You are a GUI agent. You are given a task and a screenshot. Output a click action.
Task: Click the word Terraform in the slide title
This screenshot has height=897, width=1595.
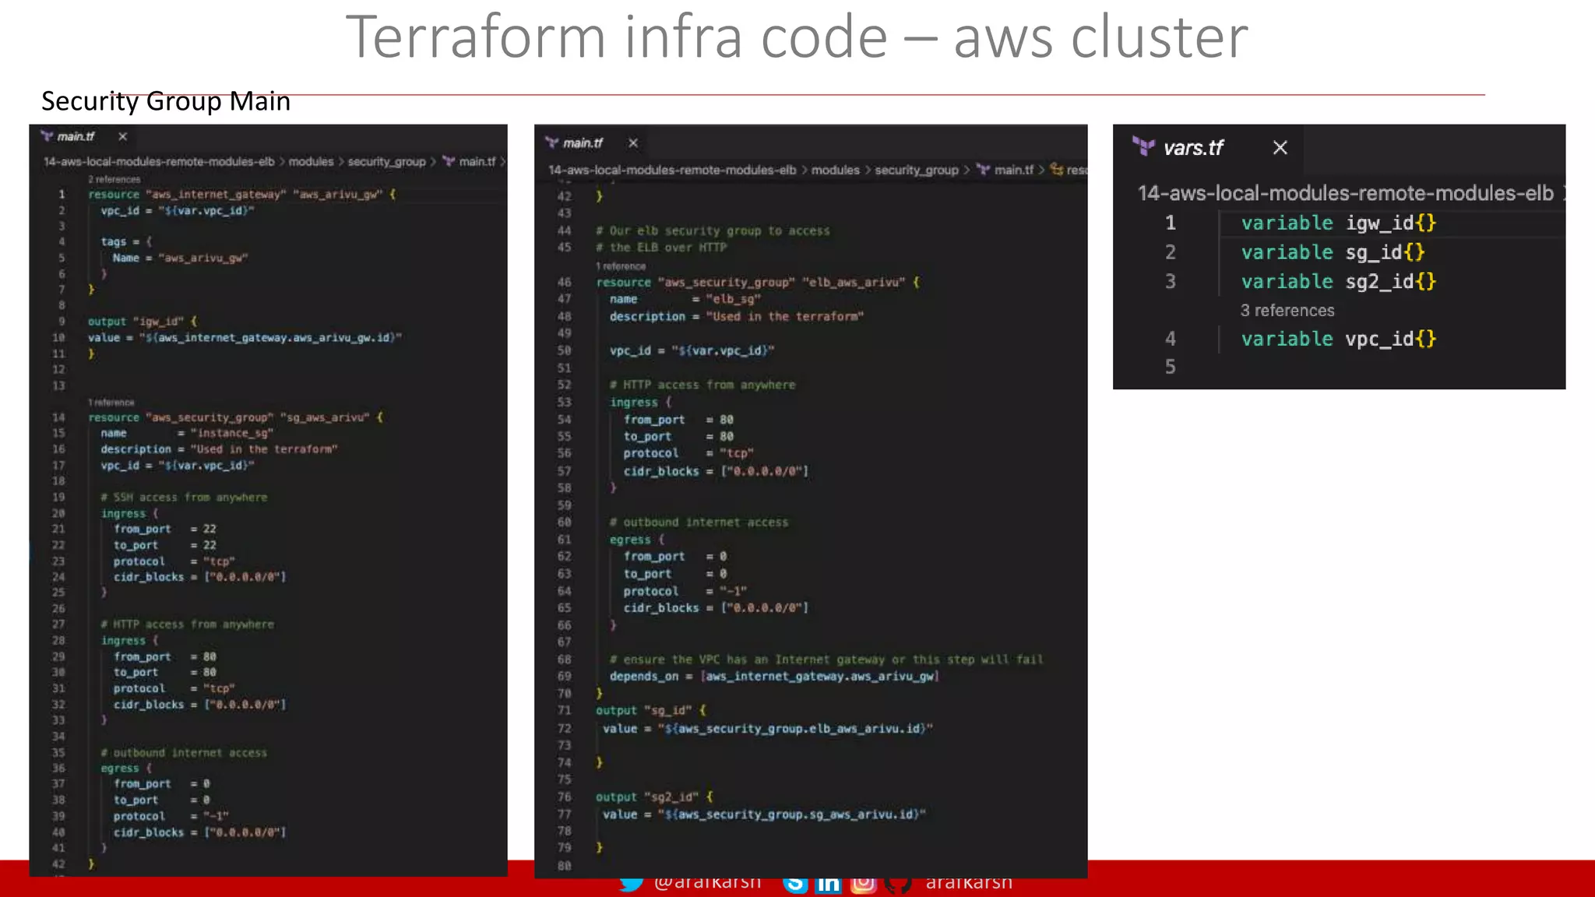pos(475,37)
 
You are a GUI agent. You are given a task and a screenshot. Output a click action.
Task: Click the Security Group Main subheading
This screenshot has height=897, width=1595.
pos(166,101)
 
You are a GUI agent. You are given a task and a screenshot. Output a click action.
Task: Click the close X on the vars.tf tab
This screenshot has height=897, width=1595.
pos(1280,148)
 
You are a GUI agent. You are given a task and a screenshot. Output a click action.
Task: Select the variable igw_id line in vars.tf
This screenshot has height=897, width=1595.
pos(1338,223)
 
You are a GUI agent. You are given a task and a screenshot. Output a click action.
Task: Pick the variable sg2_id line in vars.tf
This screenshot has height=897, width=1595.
pos(1338,282)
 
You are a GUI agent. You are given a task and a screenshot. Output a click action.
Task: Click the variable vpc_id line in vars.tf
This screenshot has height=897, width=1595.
pos(1338,339)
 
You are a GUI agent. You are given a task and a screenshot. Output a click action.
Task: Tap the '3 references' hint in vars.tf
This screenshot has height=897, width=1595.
pos(1287,311)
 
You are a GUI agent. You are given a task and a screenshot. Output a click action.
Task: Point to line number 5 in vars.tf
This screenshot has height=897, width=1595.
pos(1170,367)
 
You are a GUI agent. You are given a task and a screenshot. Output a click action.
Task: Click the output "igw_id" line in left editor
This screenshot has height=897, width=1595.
pos(143,322)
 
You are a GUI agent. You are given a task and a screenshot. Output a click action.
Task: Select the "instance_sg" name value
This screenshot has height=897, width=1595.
pos(231,433)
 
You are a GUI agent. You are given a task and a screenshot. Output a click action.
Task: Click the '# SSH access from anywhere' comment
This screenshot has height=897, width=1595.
pos(184,498)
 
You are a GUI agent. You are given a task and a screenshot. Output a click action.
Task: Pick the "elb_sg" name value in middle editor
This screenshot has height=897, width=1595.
pos(733,299)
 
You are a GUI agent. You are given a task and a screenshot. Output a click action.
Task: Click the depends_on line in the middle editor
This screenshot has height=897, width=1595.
pos(773,677)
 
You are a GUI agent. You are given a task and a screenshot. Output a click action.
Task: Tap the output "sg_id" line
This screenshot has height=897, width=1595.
pos(650,710)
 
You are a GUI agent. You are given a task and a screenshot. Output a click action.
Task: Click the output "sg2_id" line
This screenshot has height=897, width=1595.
pos(653,797)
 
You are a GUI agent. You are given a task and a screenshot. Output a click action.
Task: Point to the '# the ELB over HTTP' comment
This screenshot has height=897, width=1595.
pos(661,248)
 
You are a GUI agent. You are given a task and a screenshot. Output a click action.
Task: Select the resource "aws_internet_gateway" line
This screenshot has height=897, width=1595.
pos(241,195)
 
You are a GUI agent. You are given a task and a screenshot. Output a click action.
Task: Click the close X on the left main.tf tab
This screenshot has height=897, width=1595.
pos(122,137)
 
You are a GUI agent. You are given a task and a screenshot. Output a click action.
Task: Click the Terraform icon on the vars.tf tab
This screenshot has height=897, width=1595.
pos(1143,146)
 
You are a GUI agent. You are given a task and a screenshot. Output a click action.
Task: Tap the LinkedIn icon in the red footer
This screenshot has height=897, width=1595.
pos(829,884)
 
